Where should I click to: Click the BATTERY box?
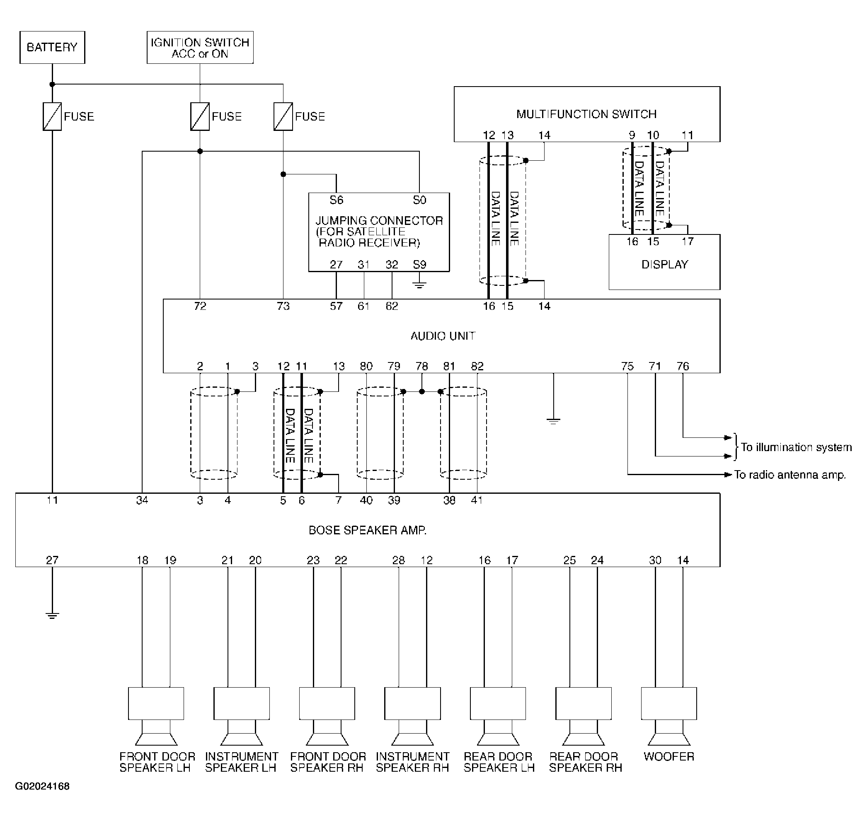(52, 47)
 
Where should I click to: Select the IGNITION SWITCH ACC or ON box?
(200, 47)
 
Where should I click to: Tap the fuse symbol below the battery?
(52, 116)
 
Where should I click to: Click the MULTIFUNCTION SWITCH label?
(586, 114)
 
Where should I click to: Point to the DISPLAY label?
(665, 264)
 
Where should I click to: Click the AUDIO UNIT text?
(443, 336)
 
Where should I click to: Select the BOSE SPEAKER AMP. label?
(367, 530)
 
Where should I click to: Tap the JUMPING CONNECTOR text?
(379, 220)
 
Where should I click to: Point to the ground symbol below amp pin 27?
(52, 615)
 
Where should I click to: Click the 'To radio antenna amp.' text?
(790, 475)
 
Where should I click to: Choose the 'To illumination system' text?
(797, 447)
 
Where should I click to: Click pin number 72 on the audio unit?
(200, 306)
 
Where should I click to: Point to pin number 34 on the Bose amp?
(142, 500)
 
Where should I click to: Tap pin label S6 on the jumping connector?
(336, 200)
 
